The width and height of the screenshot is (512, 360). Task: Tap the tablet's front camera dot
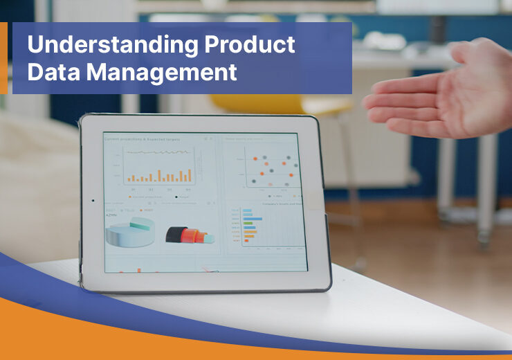pos(93,201)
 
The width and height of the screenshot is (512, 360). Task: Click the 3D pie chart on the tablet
pos(131,233)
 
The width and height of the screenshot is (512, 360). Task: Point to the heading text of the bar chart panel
pos(142,139)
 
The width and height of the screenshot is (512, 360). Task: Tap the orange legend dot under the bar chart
pos(127,196)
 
